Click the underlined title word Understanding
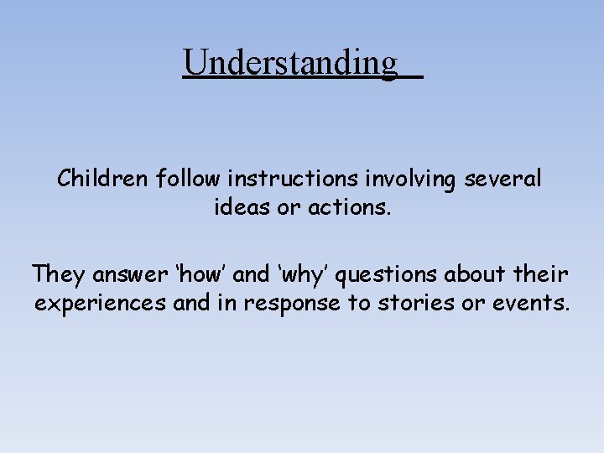click(290, 62)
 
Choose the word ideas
click(239, 206)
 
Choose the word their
click(546, 274)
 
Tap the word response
click(287, 304)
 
